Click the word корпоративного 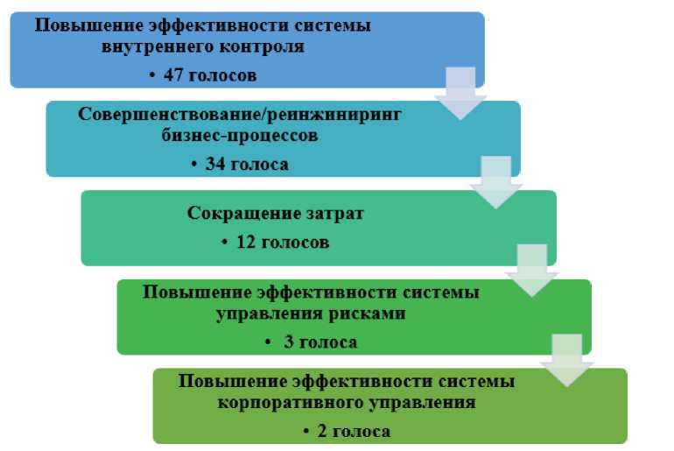289,404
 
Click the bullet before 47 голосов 151,76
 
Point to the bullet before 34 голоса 193,165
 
